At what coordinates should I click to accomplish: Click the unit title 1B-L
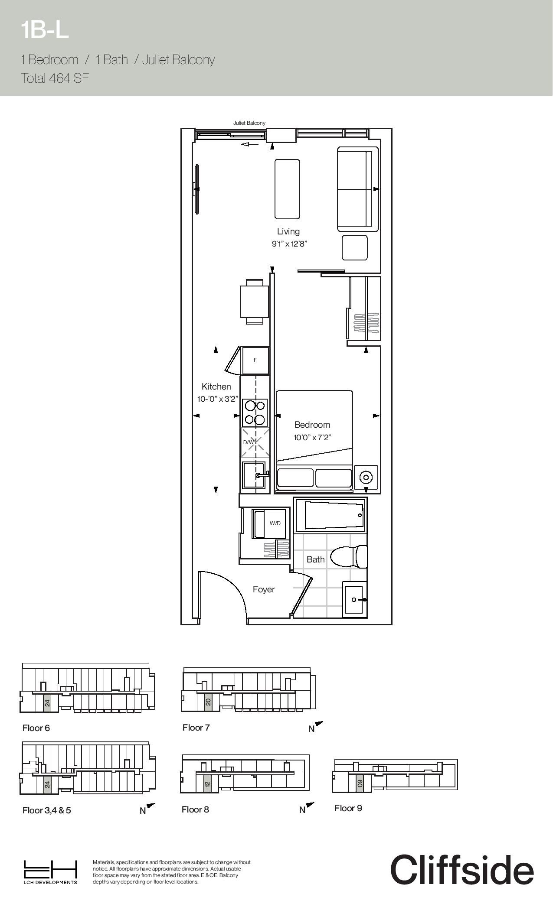click(x=45, y=30)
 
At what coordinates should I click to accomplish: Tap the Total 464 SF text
click(x=55, y=78)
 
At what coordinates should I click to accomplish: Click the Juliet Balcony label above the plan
click(x=249, y=123)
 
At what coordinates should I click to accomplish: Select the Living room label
click(x=288, y=231)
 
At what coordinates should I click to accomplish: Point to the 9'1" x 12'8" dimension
click(x=289, y=244)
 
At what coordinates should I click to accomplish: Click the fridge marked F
click(x=255, y=360)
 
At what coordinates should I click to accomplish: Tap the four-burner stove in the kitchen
click(x=255, y=413)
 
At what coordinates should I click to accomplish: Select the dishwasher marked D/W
click(x=255, y=442)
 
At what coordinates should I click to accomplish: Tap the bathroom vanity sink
click(x=355, y=599)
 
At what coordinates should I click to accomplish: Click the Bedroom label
click(x=312, y=425)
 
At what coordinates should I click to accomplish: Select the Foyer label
click(x=264, y=589)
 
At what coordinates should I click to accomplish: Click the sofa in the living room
click(x=358, y=189)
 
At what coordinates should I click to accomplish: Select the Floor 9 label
click(x=348, y=808)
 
